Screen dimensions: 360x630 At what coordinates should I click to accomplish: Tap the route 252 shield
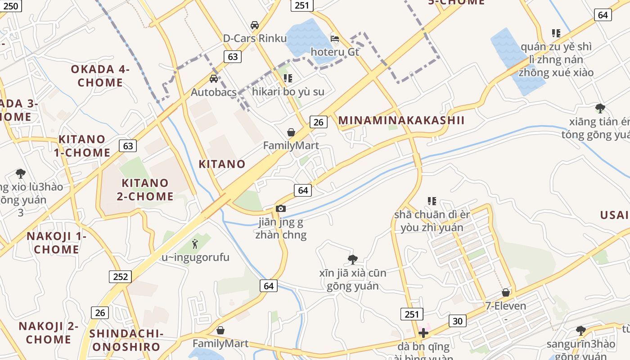120,276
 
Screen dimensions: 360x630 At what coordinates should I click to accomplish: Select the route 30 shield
457,320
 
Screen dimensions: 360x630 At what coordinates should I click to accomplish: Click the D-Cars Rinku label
255,38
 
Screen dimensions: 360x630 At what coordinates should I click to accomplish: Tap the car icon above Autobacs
214,79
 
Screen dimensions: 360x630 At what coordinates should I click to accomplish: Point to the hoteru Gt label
335,52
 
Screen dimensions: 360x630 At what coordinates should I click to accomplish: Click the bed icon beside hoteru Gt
335,38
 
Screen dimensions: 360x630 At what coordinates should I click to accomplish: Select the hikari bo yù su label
288,92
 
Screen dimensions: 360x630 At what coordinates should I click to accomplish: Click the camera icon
281,208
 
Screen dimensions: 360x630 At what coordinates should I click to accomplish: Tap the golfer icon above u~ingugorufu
195,243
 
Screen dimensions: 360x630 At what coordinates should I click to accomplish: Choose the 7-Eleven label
506,306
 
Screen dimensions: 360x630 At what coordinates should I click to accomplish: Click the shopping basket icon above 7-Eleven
506,292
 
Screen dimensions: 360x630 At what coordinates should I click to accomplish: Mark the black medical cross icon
423,333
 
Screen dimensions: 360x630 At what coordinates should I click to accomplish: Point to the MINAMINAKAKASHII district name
401,121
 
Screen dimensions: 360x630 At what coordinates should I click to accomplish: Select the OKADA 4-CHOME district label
100,76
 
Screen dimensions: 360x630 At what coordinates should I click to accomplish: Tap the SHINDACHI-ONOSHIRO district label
126,340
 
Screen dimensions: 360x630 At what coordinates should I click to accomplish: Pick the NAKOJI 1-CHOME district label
56,243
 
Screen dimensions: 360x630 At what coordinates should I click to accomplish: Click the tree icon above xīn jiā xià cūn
353,259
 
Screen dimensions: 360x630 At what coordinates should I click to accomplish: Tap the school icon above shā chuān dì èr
432,201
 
